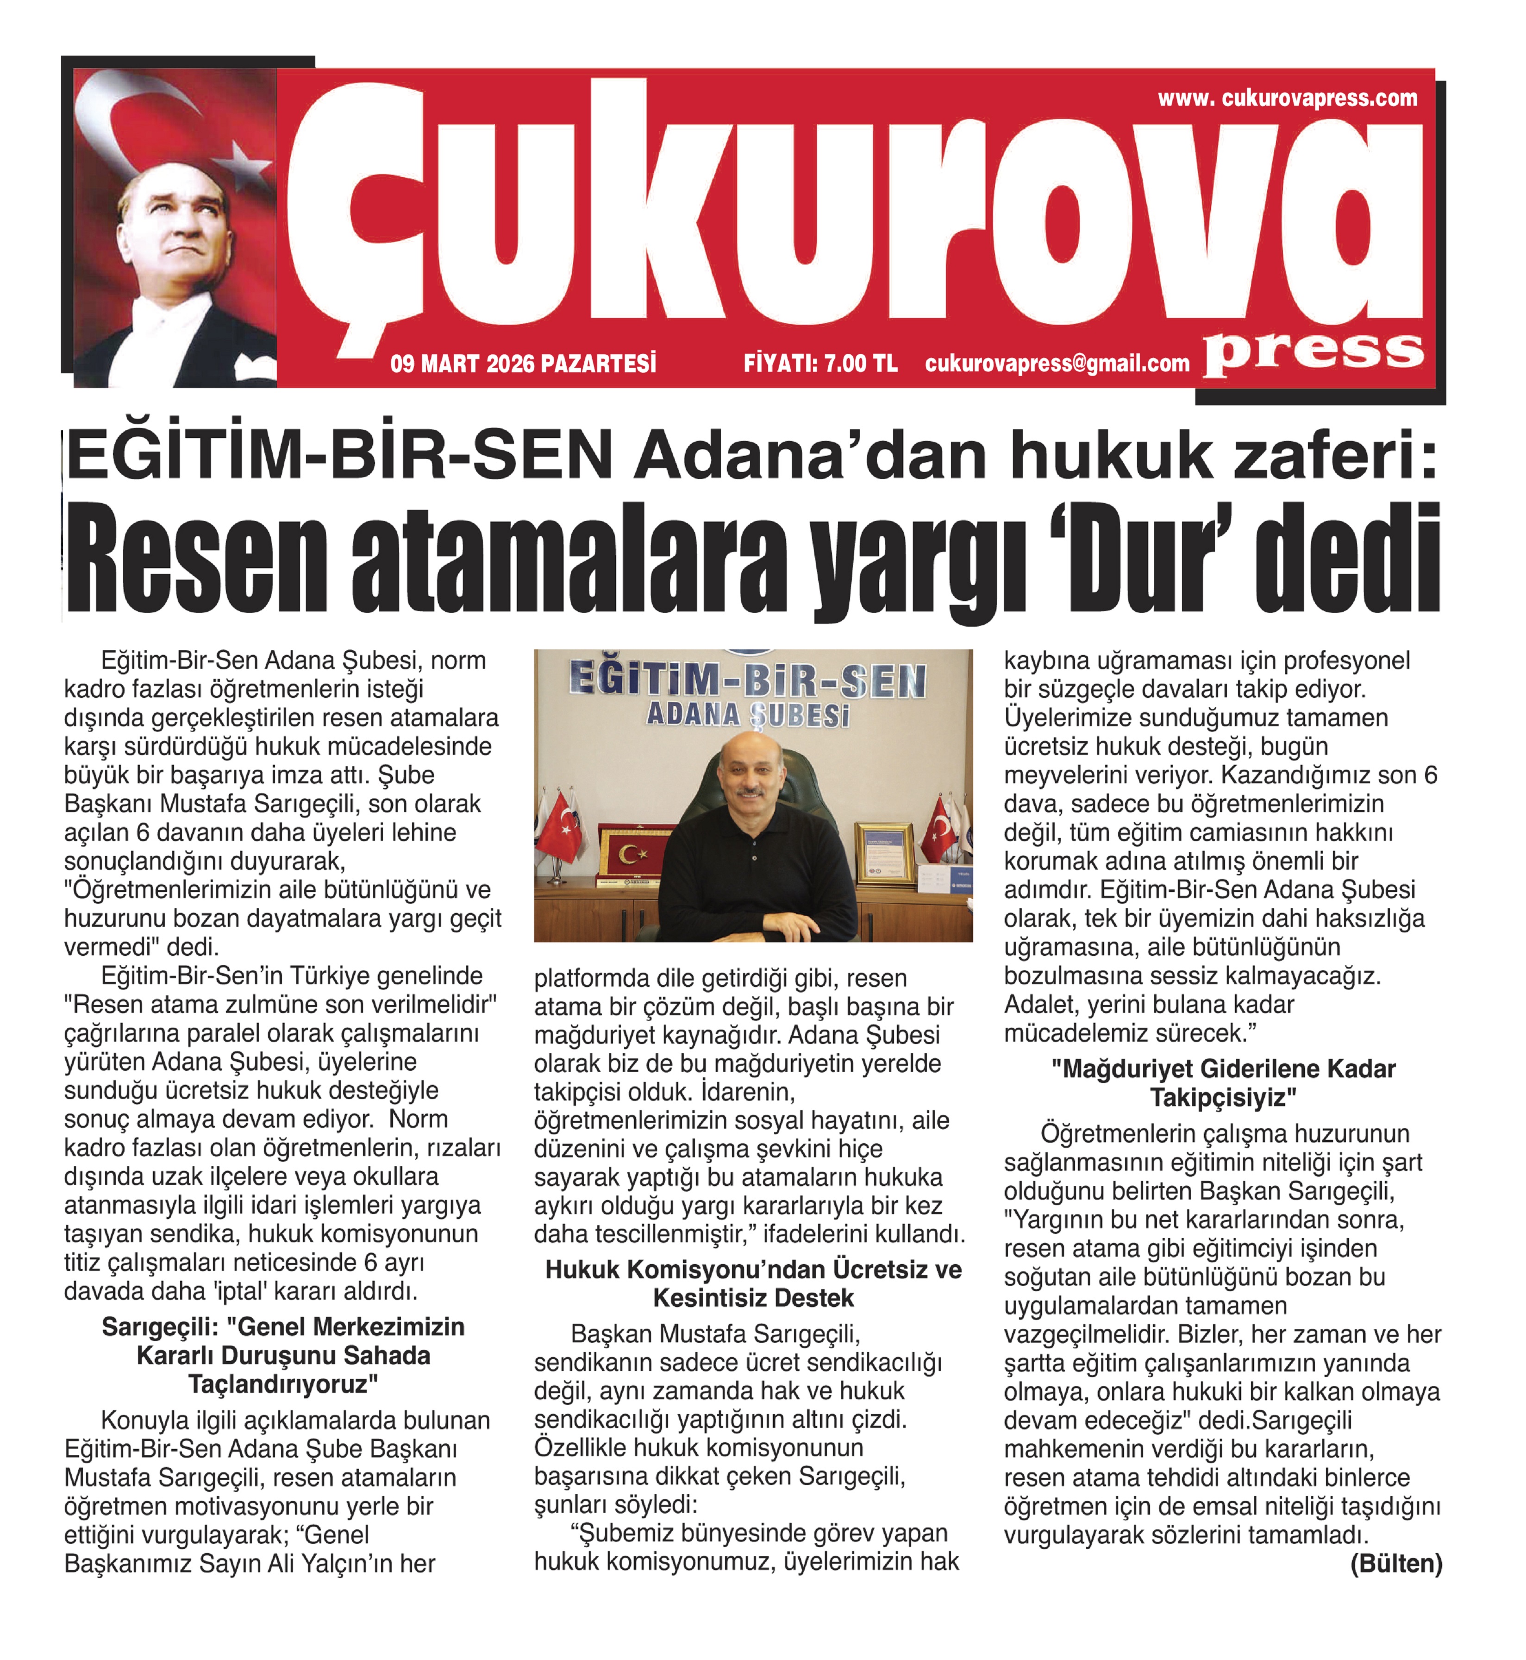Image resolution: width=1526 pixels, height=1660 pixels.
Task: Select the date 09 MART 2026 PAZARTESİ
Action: point(524,364)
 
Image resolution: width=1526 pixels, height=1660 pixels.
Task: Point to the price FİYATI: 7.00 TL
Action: point(820,364)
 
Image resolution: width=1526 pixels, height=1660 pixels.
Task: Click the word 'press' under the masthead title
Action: point(1313,353)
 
